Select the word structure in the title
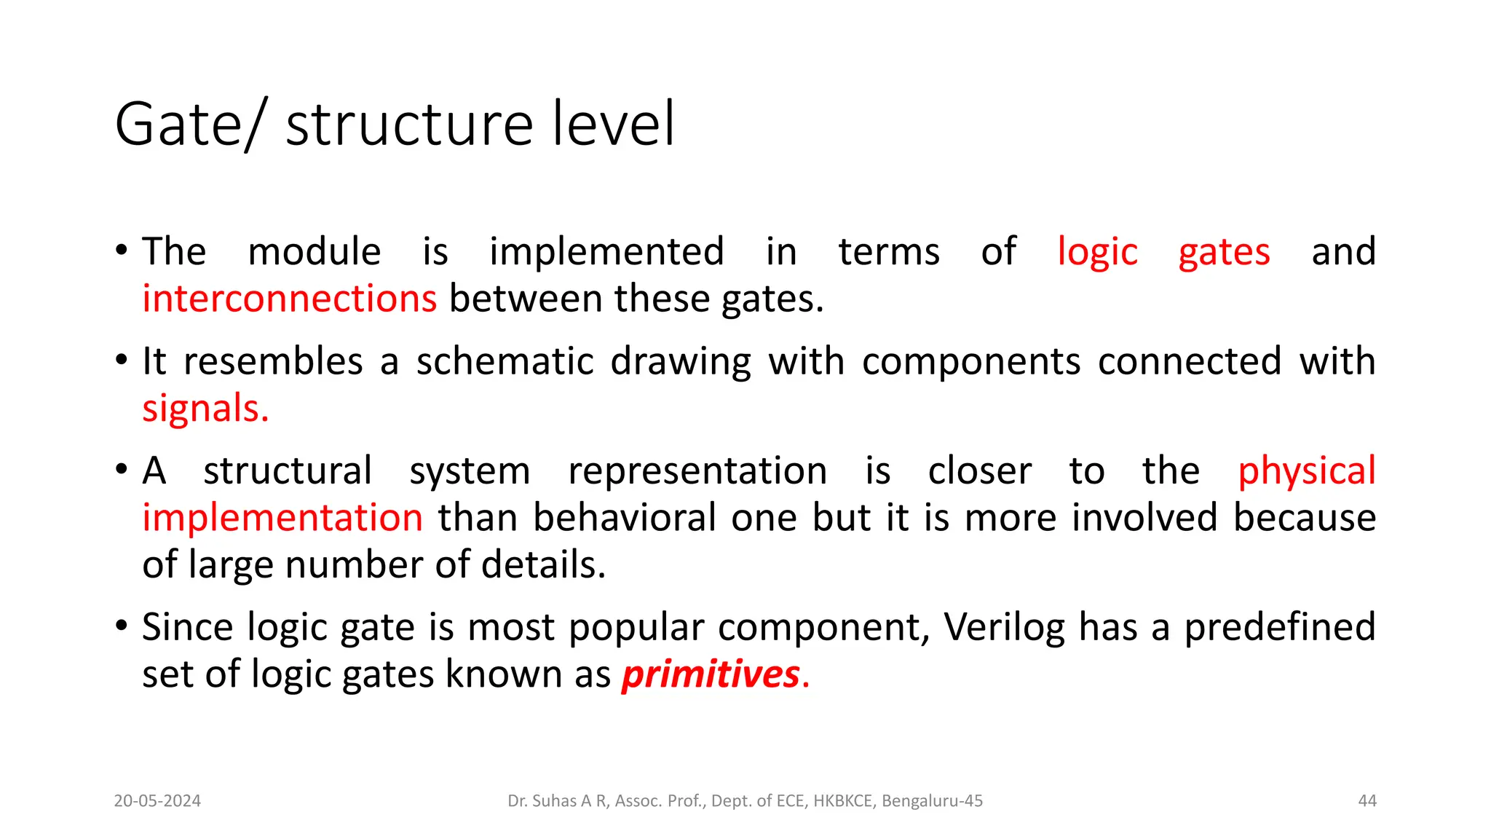[x=410, y=125]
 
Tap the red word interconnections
[x=289, y=299]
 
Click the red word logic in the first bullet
[x=1097, y=252]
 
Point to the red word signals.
[x=205, y=409]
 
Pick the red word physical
[x=1307, y=471]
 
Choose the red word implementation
[x=282, y=518]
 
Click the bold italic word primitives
[x=711, y=674]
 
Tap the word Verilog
[x=1004, y=627]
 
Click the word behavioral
[x=625, y=518]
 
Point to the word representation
[x=697, y=471]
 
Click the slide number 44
[x=1367, y=801]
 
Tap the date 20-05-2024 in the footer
[x=157, y=801]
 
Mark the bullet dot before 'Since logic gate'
[x=122, y=626]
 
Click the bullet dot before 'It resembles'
[x=122, y=360]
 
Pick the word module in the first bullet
[x=315, y=252]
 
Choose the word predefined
[x=1280, y=627]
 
